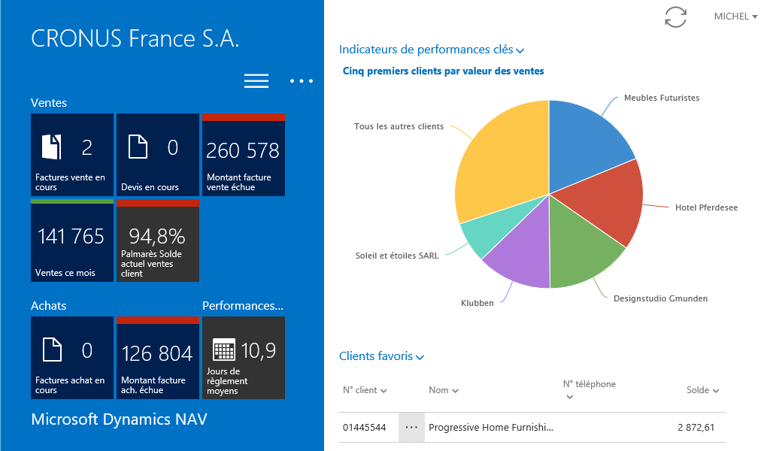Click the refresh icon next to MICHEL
tap(675, 17)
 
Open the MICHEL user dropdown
tap(735, 17)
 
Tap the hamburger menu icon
tap(256, 81)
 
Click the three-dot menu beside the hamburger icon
tap(301, 81)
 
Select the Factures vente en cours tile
tap(72, 155)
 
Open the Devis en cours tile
tap(158, 155)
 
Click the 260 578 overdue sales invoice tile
tap(244, 155)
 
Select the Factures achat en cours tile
tap(72, 358)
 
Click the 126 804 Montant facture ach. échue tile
tap(158, 358)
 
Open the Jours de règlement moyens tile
tap(244, 358)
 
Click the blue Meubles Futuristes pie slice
tap(587, 143)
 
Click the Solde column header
tap(702, 390)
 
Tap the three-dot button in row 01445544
tap(411, 428)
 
